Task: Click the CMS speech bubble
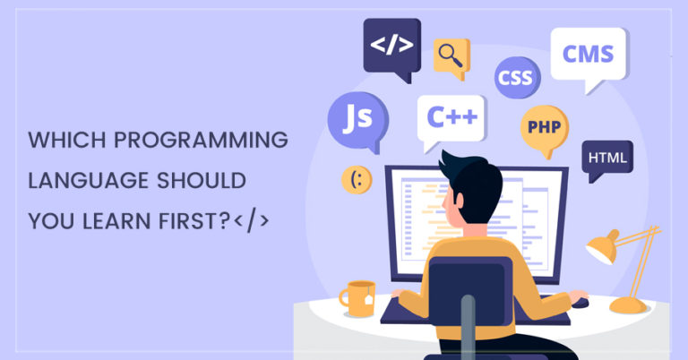tap(589, 56)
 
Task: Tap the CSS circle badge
tap(517, 78)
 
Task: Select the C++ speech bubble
tap(451, 118)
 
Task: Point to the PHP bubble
tap(545, 128)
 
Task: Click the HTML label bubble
tap(607, 158)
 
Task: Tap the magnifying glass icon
tap(451, 56)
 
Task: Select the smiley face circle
tap(357, 180)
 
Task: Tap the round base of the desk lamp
tap(628, 305)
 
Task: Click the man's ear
tap(459, 201)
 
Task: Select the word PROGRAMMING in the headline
tap(201, 141)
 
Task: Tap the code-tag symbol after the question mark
tap(251, 220)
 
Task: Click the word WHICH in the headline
tap(67, 141)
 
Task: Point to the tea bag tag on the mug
tap(368, 299)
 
